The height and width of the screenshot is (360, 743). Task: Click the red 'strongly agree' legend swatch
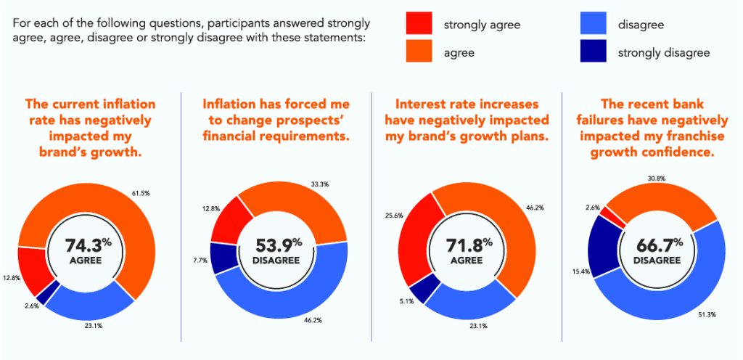[x=419, y=25]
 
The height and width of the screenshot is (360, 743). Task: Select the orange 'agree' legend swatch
[x=419, y=52]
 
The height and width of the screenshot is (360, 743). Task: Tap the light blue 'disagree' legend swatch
[x=593, y=25]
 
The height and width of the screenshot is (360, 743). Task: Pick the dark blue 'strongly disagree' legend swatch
[x=593, y=52]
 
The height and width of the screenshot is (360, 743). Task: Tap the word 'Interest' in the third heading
[x=415, y=104]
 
